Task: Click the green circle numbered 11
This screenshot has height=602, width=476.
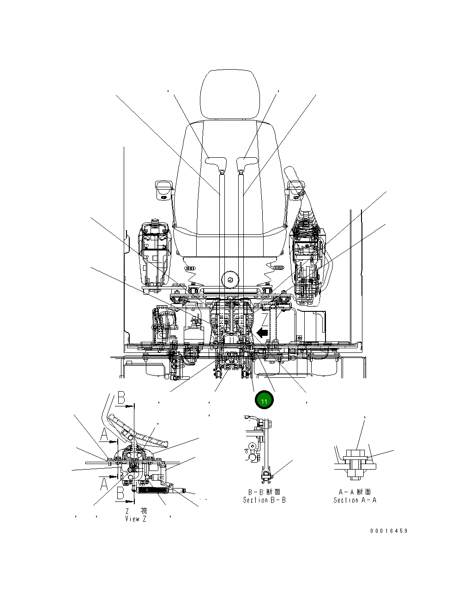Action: pos(264,400)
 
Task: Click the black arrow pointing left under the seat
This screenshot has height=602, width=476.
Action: pos(262,332)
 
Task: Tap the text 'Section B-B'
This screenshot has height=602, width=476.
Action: pos(264,500)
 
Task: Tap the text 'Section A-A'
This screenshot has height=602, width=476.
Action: pos(355,500)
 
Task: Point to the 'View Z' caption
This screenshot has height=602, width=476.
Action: pos(135,519)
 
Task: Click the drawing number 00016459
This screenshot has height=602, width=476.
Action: pos(389,531)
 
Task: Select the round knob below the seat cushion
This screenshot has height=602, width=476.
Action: pos(229,279)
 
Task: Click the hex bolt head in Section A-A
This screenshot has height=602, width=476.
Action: pos(356,454)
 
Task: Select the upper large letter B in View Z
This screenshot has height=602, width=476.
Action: pos(121,398)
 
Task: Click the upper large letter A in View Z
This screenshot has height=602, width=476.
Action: pos(105,434)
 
